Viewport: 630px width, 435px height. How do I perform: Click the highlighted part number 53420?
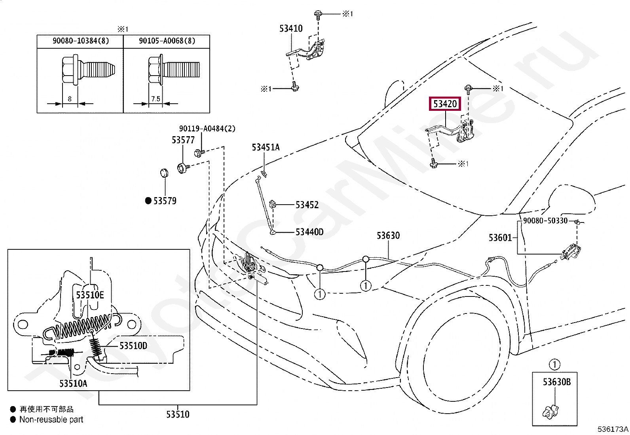click(x=445, y=104)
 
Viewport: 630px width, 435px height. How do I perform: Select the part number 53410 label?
click(x=291, y=28)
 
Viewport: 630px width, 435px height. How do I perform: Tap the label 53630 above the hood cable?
click(x=388, y=236)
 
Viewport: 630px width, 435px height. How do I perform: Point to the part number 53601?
click(x=500, y=238)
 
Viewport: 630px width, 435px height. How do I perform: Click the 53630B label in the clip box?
click(x=556, y=382)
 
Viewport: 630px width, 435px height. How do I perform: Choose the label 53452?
click(x=307, y=205)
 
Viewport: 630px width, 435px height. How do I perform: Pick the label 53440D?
click(x=309, y=232)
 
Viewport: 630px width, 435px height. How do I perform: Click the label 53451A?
click(x=266, y=148)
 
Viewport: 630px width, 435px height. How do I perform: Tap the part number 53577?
click(x=183, y=140)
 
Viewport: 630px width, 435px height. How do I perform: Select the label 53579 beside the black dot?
click(x=165, y=201)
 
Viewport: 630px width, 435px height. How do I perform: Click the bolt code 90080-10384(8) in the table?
click(x=81, y=41)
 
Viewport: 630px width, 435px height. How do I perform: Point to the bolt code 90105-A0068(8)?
click(x=167, y=41)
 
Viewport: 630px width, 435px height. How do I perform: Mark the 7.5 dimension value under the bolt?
click(x=156, y=99)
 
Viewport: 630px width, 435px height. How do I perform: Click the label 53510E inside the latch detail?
click(x=90, y=295)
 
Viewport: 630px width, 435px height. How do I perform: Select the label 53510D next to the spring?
click(x=133, y=346)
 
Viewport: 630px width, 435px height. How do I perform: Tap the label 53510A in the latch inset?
click(x=73, y=383)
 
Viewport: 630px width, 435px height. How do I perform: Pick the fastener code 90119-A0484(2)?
click(x=207, y=129)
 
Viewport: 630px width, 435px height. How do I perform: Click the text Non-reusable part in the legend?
click(x=51, y=420)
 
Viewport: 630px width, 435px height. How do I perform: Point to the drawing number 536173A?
click(x=613, y=429)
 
